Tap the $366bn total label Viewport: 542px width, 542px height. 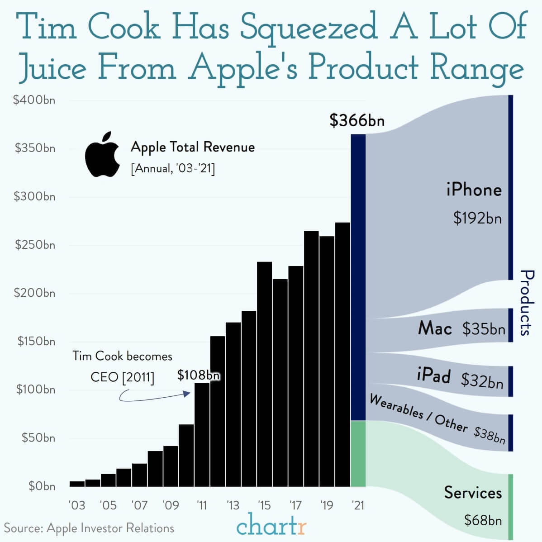(x=357, y=120)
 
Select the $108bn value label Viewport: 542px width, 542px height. (x=198, y=375)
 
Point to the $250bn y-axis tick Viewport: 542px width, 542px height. (x=35, y=245)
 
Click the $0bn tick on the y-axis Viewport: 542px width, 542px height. (x=42, y=486)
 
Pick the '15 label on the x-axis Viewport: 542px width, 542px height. (x=264, y=505)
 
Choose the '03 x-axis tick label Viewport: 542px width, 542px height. (x=77, y=505)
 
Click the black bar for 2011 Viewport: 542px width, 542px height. (x=202, y=434)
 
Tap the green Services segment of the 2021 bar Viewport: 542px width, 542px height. (x=358, y=453)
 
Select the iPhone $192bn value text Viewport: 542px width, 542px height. (x=477, y=219)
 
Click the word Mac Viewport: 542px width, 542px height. (x=435, y=328)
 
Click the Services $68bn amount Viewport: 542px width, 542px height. (x=483, y=520)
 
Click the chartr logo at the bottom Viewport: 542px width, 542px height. (x=271, y=526)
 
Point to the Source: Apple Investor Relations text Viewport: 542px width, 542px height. (x=89, y=528)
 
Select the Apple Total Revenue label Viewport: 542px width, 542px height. (x=193, y=147)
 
